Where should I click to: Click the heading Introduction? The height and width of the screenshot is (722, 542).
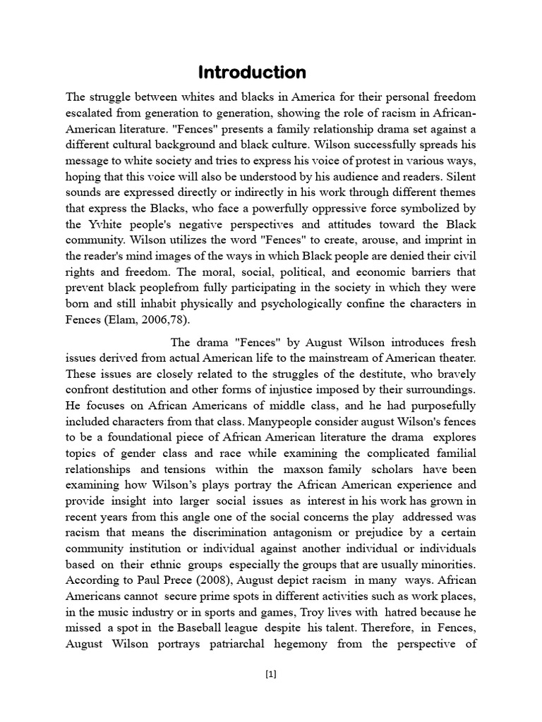click(252, 73)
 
